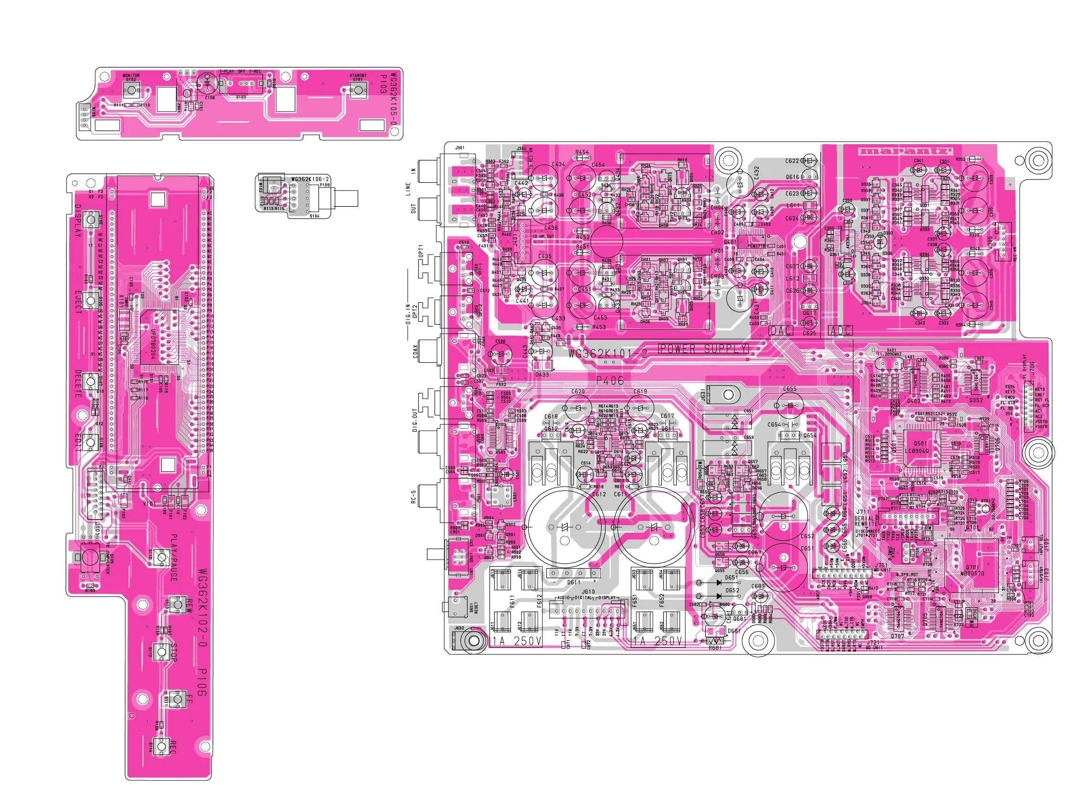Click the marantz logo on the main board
tap(905, 151)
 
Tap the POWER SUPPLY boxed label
tap(703, 349)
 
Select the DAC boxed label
tap(782, 331)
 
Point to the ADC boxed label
tap(840, 331)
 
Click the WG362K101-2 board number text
tap(608, 354)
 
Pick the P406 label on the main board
tap(610, 381)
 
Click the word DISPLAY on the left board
tap(78, 222)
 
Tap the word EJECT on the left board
tap(78, 302)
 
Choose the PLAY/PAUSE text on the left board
tap(174, 558)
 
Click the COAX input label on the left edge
tap(415, 351)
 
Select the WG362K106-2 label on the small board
tap(310, 179)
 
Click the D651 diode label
tap(732, 578)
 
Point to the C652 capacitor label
tap(807, 536)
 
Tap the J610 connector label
tap(588, 592)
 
